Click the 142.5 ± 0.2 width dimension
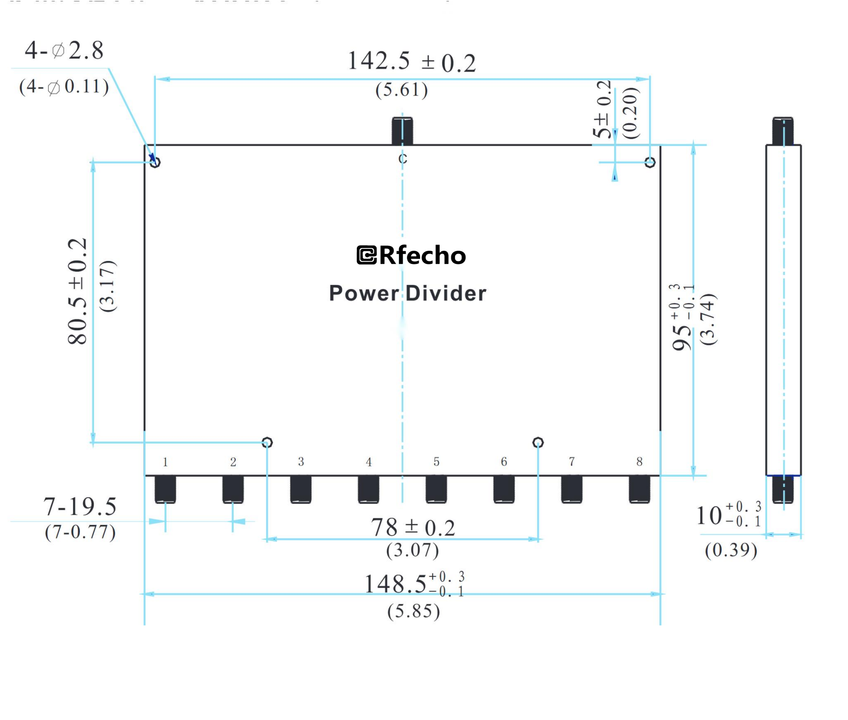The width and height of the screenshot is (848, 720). [x=411, y=61]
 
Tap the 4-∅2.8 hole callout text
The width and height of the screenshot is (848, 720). [x=64, y=50]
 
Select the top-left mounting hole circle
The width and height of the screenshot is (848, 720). [x=155, y=162]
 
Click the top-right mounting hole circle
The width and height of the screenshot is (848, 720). [x=650, y=162]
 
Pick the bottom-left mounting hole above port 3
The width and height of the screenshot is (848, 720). [x=267, y=443]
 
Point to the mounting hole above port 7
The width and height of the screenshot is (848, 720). [x=538, y=443]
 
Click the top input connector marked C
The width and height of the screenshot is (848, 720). [x=402, y=131]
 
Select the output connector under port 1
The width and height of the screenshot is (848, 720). [x=165, y=489]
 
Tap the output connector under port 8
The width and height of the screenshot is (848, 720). [x=639, y=489]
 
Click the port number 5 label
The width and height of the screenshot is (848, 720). [x=436, y=462]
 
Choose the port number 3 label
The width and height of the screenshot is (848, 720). [x=301, y=462]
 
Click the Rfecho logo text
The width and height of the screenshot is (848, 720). [x=412, y=255]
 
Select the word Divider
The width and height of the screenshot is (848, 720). [x=446, y=293]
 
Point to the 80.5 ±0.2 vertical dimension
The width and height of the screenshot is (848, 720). [x=78, y=291]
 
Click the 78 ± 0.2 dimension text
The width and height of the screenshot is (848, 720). [x=413, y=528]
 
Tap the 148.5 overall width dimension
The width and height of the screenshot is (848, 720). [x=414, y=584]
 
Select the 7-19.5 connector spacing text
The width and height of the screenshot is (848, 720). [x=80, y=507]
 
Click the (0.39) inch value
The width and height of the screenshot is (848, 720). [x=731, y=550]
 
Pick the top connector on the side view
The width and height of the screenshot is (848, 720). [x=783, y=131]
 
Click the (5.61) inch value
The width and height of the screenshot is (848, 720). [x=401, y=90]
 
